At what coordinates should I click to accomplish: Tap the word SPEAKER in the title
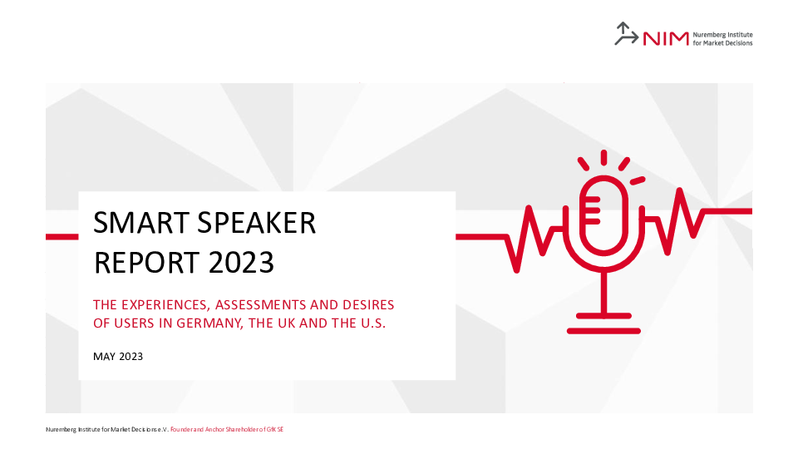pos(257,223)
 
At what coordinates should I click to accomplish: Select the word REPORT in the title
pos(146,263)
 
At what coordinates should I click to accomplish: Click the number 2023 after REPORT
pos(241,263)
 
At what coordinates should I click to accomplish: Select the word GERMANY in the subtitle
pos(208,323)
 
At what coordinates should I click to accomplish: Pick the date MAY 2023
pos(118,357)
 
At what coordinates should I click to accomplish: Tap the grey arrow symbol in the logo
pos(626,33)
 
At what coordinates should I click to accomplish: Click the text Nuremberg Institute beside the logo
pos(722,35)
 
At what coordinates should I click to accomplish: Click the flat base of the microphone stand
pos(603,331)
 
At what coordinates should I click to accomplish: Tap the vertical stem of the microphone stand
pos(604,293)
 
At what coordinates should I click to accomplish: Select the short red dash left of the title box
pos(62,237)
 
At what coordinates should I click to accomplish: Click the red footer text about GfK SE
pos(227,430)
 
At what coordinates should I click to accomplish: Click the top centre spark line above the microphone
pos(604,157)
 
